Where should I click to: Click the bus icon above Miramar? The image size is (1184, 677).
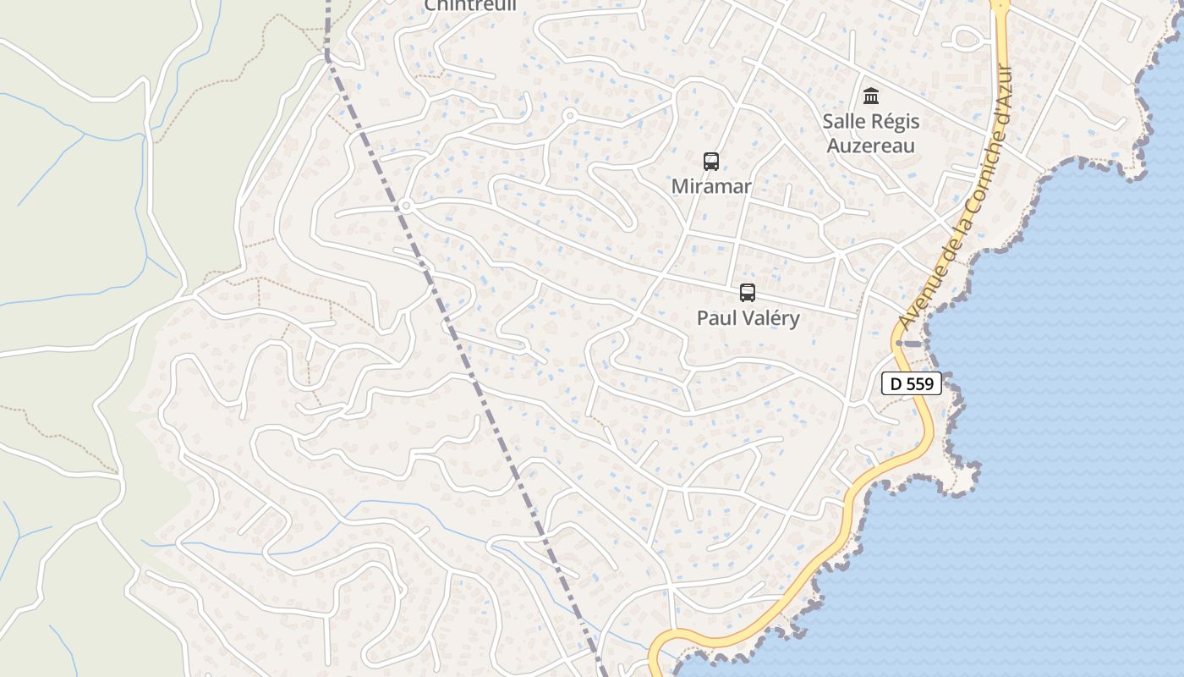[x=711, y=161]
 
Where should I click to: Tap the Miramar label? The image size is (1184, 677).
[x=711, y=186]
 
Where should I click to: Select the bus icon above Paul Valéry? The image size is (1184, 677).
[x=748, y=293]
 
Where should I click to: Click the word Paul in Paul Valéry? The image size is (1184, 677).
[x=715, y=318]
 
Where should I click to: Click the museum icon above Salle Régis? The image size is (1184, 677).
[x=871, y=96]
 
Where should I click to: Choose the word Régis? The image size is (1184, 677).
[x=895, y=122]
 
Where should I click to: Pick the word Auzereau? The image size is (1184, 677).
[x=871, y=146]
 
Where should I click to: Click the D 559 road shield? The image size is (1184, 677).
[x=912, y=384]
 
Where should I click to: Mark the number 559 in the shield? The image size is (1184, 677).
[x=920, y=384]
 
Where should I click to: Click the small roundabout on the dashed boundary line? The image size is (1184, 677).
[x=406, y=206]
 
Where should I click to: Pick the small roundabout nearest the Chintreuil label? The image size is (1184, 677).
[x=569, y=115]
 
